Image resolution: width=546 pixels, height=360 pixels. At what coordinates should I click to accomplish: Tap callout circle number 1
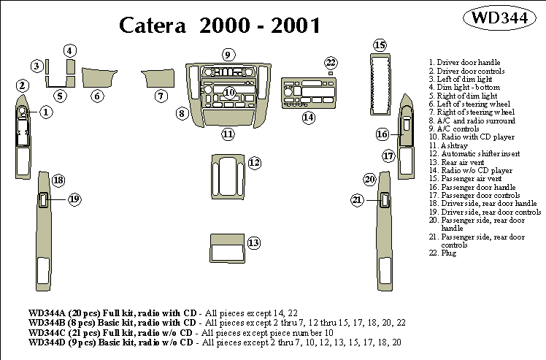[x=45, y=112]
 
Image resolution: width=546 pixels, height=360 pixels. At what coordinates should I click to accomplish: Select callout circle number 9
[x=228, y=55]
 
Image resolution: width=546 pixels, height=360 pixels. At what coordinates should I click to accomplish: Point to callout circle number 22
[x=331, y=63]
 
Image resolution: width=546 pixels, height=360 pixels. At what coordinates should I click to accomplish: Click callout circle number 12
[x=254, y=163]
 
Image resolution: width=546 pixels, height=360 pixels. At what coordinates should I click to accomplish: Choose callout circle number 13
[x=253, y=242]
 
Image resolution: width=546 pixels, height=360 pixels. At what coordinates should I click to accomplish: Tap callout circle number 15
[x=379, y=46]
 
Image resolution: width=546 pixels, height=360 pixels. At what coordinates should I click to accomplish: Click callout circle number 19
[x=74, y=199]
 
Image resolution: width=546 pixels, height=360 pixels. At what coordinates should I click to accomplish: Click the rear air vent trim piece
[x=226, y=248]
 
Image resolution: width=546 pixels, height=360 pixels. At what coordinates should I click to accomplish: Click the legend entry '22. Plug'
[x=443, y=253]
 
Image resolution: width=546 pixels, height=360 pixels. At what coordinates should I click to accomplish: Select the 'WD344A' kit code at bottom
[x=46, y=313]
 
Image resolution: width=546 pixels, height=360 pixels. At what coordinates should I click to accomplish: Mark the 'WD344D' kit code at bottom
[x=46, y=342]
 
